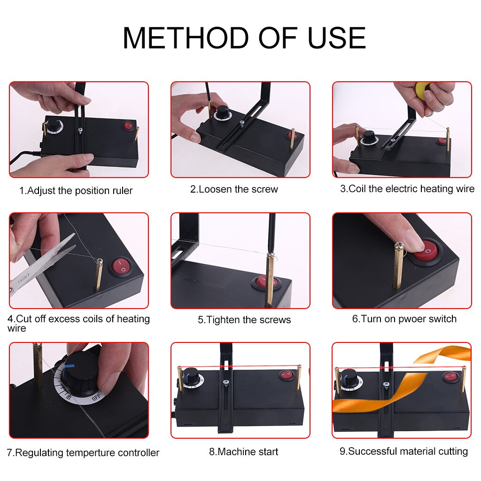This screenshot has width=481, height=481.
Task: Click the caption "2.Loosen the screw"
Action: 234,189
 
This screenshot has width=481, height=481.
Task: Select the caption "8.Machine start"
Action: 243,452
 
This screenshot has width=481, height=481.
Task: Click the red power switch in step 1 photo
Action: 128,126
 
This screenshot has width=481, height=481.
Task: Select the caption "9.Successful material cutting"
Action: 403,451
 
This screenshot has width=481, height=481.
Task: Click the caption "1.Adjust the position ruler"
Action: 76,191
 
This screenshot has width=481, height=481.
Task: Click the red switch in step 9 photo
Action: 450,377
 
